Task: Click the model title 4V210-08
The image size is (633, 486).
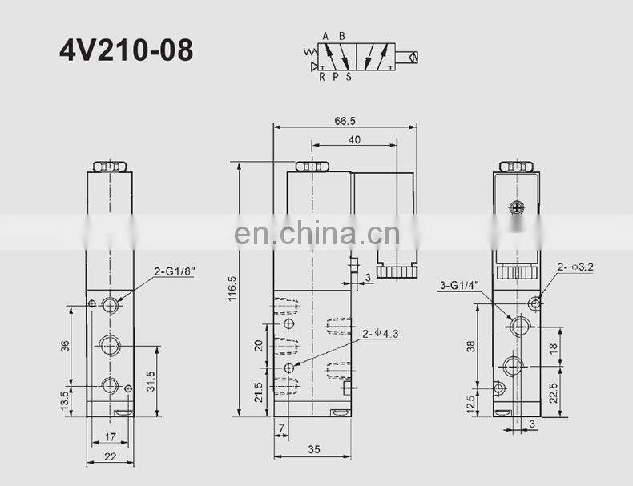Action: tap(126, 50)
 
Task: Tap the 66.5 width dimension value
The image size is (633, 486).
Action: tap(345, 121)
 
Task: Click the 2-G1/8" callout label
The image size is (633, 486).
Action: tap(175, 271)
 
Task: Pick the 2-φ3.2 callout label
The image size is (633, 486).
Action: tap(576, 267)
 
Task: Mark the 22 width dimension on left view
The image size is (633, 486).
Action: tap(111, 456)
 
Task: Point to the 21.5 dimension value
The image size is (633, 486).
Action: tap(258, 392)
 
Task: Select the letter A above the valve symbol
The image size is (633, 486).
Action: tap(325, 36)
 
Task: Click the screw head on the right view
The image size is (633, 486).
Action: tap(518, 209)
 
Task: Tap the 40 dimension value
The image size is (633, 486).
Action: tap(354, 139)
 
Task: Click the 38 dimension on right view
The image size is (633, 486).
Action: tap(471, 347)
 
